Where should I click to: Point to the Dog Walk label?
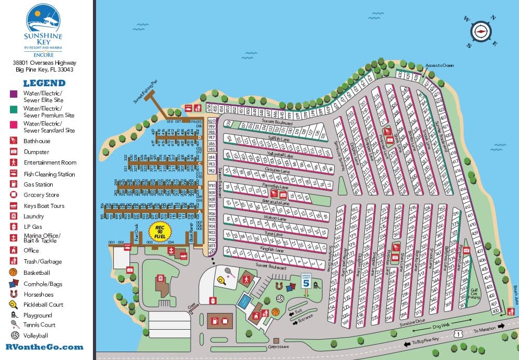click(x=441, y=326)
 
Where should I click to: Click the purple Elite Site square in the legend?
click(x=14, y=94)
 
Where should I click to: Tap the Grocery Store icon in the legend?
click(x=14, y=195)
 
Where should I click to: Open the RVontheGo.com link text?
click(x=44, y=346)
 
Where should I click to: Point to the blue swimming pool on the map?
click(x=243, y=302)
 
